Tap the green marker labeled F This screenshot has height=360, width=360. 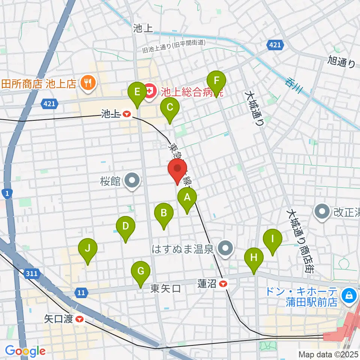click(216, 82)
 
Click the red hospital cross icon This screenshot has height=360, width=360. click(150, 91)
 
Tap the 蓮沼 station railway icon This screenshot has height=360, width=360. click(223, 284)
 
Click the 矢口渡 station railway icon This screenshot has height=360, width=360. click(79, 319)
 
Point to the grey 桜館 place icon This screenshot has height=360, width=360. click(132, 181)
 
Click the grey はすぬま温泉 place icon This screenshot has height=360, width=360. click(225, 248)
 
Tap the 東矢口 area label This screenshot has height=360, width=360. click(166, 289)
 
